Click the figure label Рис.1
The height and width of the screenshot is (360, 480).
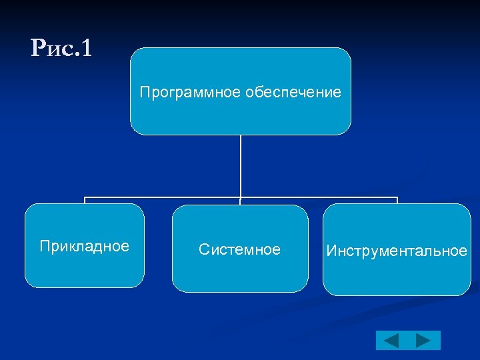pyautogui.click(x=61, y=48)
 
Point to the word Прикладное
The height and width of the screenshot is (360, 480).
pyautogui.click(x=85, y=247)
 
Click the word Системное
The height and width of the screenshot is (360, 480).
pyautogui.click(x=240, y=250)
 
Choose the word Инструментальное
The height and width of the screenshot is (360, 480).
pyautogui.click(x=397, y=251)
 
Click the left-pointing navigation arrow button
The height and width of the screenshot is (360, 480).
pyautogui.click(x=391, y=341)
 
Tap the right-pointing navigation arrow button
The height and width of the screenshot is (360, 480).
pyautogui.click(x=423, y=341)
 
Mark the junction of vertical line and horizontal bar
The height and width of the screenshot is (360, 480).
pyautogui.click(x=241, y=197)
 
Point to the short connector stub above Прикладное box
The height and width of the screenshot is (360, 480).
pyautogui.click(x=85, y=201)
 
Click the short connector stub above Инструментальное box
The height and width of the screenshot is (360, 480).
pyautogui.click(x=397, y=201)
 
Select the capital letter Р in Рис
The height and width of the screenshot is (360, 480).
pyautogui.click(x=39, y=48)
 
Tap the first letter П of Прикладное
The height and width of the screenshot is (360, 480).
pyautogui.click(x=44, y=247)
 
